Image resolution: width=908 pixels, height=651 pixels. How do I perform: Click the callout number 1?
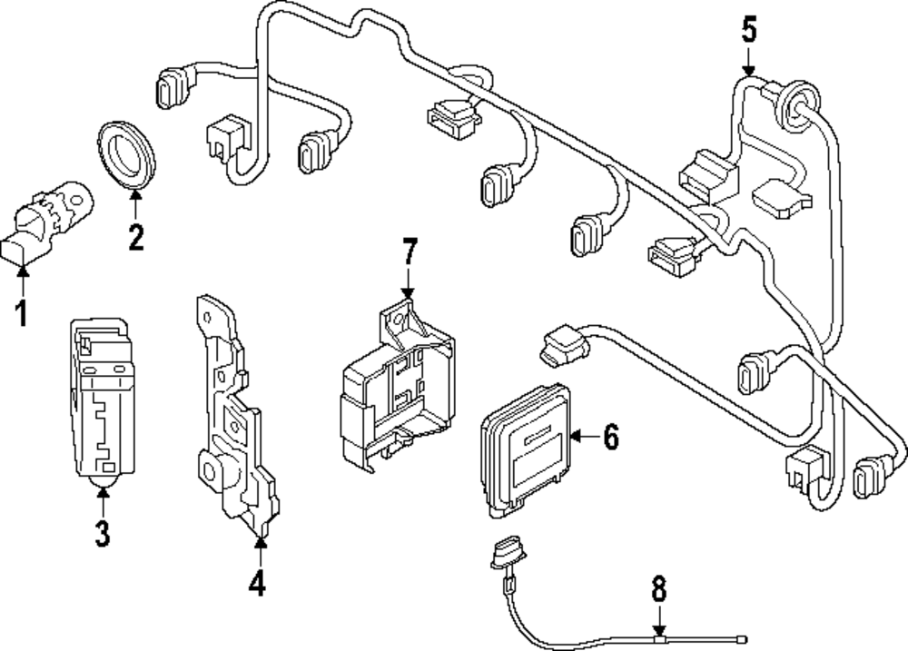click(x=22, y=313)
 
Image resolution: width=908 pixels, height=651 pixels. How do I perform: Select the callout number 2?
click(x=136, y=237)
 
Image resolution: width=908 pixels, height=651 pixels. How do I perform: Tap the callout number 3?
click(x=103, y=534)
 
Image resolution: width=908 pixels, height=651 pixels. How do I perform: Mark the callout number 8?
click(x=659, y=589)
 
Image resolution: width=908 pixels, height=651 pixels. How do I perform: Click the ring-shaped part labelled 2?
click(x=125, y=154)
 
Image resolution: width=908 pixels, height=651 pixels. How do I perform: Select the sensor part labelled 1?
click(x=47, y=222)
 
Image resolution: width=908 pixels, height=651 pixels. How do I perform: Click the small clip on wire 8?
click(x=659, y=639)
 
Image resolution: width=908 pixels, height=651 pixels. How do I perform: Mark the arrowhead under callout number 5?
click(x=749, y=71)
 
